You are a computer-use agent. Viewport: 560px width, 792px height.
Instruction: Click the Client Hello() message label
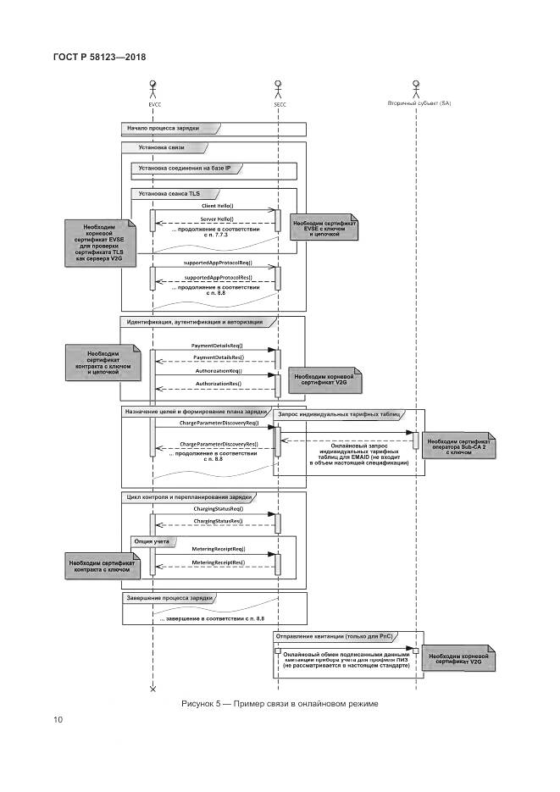(217, 205)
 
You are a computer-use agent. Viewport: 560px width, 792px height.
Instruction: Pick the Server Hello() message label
(217, 219)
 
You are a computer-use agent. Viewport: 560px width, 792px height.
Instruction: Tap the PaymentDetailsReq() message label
(217, 346)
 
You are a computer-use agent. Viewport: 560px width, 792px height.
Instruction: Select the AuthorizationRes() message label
(217, 384)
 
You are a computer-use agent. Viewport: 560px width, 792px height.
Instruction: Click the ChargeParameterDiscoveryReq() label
(218, 422)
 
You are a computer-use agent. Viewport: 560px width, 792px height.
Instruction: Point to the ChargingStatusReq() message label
(218, 508)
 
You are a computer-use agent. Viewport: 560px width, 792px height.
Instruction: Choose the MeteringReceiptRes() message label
(218, 562)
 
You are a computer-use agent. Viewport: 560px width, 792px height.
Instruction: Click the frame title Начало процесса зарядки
(164, 128)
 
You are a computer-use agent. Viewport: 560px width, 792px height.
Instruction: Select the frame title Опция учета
(153, 540)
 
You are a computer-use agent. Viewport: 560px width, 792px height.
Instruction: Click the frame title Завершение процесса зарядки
(169, 598)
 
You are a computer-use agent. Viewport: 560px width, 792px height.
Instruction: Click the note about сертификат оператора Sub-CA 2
(459, 446)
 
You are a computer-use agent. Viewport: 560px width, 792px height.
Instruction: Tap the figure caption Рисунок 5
(280, 705)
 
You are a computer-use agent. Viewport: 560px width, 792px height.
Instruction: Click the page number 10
(58, 721)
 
